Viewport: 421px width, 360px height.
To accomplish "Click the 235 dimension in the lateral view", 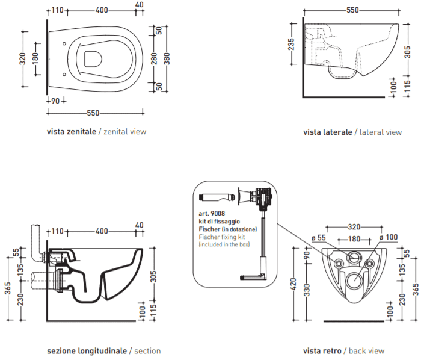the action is pos(291,44).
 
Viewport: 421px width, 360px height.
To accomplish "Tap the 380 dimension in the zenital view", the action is pos(167,59).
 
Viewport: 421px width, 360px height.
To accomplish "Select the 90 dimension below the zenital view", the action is pos(55,101).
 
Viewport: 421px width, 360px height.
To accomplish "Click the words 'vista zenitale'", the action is pos(72,132).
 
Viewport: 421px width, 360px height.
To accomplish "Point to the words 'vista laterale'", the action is pos(328,132).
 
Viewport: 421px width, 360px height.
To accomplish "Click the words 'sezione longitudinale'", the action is pos(87,351).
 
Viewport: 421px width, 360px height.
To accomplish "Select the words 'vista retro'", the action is pos(322,351).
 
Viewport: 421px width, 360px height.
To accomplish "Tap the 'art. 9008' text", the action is pos(212,214).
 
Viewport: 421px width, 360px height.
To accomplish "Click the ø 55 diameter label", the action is pos(318,238).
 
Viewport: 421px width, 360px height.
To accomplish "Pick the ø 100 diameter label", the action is pos(389,237).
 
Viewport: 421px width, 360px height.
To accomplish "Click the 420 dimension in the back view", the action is pos(293,284).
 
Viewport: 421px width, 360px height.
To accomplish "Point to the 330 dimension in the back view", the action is pos(307,290).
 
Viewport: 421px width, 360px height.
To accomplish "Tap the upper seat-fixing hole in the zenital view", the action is pos(64,43).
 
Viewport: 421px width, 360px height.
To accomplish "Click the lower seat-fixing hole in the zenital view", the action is pos(64,75).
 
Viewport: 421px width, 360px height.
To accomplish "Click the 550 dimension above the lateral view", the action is pos(352,10).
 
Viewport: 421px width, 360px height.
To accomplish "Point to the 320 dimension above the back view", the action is pos(354,227).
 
